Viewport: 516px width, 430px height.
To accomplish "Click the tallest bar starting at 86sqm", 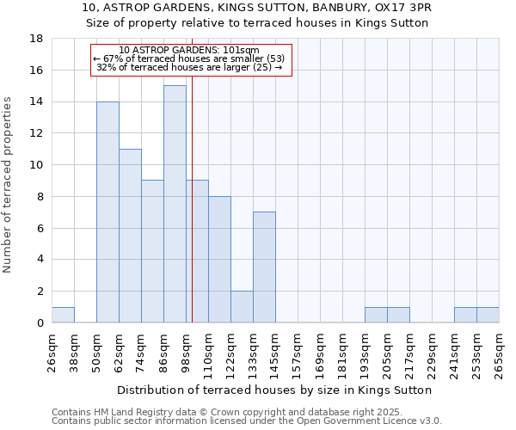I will [x=175, y=204].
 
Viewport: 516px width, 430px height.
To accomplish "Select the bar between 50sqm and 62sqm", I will [x=107, y=212].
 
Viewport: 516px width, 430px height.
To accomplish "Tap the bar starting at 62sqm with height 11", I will [x=130, y=236].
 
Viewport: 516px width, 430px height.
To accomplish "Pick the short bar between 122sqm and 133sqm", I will [x=242, y=307].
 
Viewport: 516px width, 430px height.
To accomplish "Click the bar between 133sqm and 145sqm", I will [x=264, y=267].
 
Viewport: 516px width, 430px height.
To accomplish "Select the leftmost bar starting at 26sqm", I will [x=63, y=315].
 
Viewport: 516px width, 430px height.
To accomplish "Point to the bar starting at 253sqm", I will [x=488, y=315].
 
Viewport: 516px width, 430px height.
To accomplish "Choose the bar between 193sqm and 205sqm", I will [x=376, y=315].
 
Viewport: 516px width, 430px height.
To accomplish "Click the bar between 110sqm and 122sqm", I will [x=219, y=260].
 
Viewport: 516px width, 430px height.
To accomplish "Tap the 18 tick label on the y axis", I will [x=36, y=39].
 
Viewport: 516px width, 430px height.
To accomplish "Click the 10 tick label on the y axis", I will [x=36, y=165].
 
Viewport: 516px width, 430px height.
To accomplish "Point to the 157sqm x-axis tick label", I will [x=298, y=352].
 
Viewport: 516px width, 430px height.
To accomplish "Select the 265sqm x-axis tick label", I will [x=499, y=352].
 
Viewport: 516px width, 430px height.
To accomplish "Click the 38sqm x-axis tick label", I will [x=74, y=352].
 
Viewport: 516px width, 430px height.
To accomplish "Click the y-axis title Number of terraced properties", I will [x=9, y=184].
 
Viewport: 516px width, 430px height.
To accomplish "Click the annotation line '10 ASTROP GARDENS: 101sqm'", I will [x=189, y=50].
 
